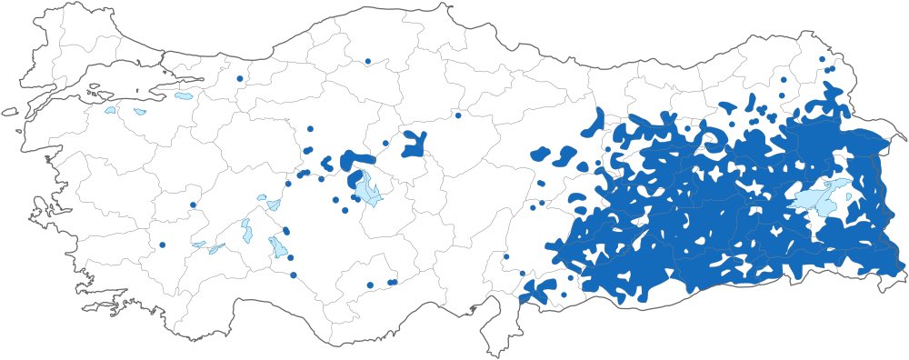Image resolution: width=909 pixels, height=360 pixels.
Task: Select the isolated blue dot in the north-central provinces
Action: coord(368,61)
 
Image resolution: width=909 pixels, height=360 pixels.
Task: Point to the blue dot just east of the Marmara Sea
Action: coord(239,78)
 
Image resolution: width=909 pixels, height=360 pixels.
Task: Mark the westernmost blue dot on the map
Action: coord(162,245)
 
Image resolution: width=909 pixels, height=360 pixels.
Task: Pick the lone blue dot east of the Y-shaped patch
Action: coord(458,115)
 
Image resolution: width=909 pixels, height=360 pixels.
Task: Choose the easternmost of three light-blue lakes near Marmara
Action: coord(184,95)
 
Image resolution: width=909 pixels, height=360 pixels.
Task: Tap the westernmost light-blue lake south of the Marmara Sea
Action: coord(110,111)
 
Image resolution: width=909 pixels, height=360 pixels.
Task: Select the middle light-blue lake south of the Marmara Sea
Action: coord(139,112)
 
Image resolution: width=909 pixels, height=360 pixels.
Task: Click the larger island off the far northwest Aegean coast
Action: coord(9,113)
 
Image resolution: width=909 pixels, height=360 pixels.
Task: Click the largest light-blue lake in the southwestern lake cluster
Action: coord(278,247)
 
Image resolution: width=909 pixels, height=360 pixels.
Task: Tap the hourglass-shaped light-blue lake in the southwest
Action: coord(245,231)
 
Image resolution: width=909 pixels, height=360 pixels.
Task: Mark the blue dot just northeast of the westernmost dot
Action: coord(193,205)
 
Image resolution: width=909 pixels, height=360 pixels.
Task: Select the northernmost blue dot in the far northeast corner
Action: coord(822,59)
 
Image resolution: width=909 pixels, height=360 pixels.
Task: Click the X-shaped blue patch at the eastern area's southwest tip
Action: coord(540,290)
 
